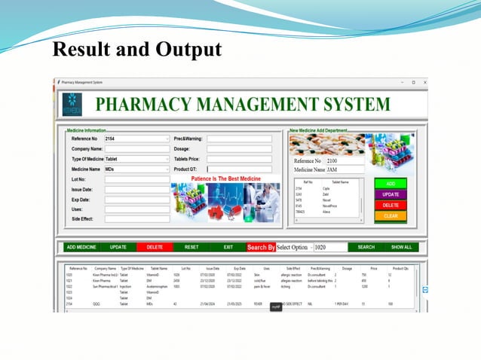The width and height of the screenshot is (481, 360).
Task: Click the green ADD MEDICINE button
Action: click(x=81, y=247)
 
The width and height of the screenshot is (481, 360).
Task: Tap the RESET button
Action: click(x=191, y=247)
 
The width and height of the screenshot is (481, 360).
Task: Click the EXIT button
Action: click(x=228, y=247)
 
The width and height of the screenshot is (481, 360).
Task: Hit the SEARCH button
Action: click(x=366, y=247)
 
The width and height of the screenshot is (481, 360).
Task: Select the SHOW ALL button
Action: click(x=401, y=247)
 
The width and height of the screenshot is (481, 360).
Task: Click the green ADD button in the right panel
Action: click(x=391, y=183)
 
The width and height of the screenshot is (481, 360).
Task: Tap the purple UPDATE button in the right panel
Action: click(x=391, y=194)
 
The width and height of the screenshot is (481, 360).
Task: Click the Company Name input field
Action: click(x=137, y=149)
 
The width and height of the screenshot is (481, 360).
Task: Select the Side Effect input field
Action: click(x=137, y=219)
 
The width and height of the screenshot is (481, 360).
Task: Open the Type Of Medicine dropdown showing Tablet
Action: click(x=137, y=159)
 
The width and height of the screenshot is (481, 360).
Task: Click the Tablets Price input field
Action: click(x=239, y=159)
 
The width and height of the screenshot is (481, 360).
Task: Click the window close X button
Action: click(x=424, y=81)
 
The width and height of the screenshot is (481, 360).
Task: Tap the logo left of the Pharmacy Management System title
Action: click(x=72, y=105)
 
